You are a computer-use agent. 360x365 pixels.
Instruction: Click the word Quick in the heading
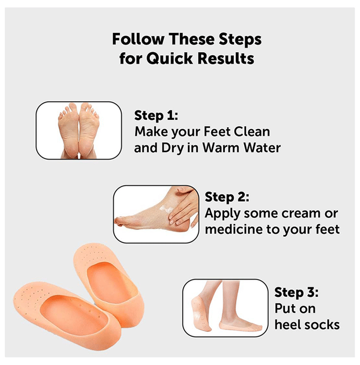169,58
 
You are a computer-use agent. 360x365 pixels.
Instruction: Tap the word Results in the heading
226,58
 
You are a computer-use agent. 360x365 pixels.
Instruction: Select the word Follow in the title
138,39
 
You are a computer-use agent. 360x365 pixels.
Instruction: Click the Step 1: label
156,115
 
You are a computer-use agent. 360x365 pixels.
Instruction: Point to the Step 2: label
227,197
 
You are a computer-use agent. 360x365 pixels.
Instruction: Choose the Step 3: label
296,292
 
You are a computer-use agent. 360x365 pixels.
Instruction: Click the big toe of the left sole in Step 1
74,107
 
